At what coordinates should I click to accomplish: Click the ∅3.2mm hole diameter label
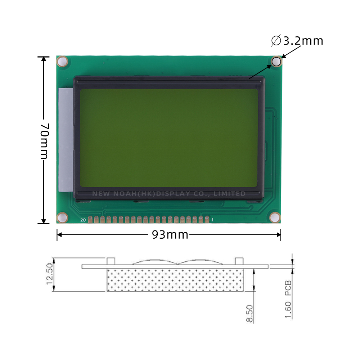point(297,41)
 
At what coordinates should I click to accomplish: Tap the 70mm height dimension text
point(44,141)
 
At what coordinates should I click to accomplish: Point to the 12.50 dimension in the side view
point(50,274)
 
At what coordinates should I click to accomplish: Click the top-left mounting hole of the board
point(62,62)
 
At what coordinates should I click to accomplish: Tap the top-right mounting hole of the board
point(276,62)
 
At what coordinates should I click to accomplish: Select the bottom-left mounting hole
point(62,217)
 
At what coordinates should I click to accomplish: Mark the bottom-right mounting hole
point(275,217)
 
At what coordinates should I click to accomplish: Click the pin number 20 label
point(83,220)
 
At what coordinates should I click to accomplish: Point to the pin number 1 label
point(212,220)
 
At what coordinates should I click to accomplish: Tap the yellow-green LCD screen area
point(168,138)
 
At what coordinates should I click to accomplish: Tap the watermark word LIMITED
point(230,194)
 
